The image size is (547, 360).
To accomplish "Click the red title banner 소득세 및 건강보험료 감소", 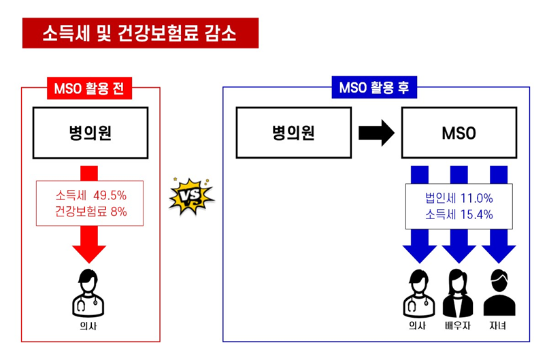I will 140,33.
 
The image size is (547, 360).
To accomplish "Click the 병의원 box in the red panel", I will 91,133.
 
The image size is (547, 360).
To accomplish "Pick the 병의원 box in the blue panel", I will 293,132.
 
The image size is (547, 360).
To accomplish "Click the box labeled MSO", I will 459,133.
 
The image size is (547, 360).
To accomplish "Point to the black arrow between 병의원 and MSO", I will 376,133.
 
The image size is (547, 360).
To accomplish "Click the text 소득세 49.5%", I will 91,195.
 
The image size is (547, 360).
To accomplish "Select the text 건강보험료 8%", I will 91,212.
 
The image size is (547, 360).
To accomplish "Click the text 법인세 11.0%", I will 459,199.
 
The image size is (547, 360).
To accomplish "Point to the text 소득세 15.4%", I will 459,215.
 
